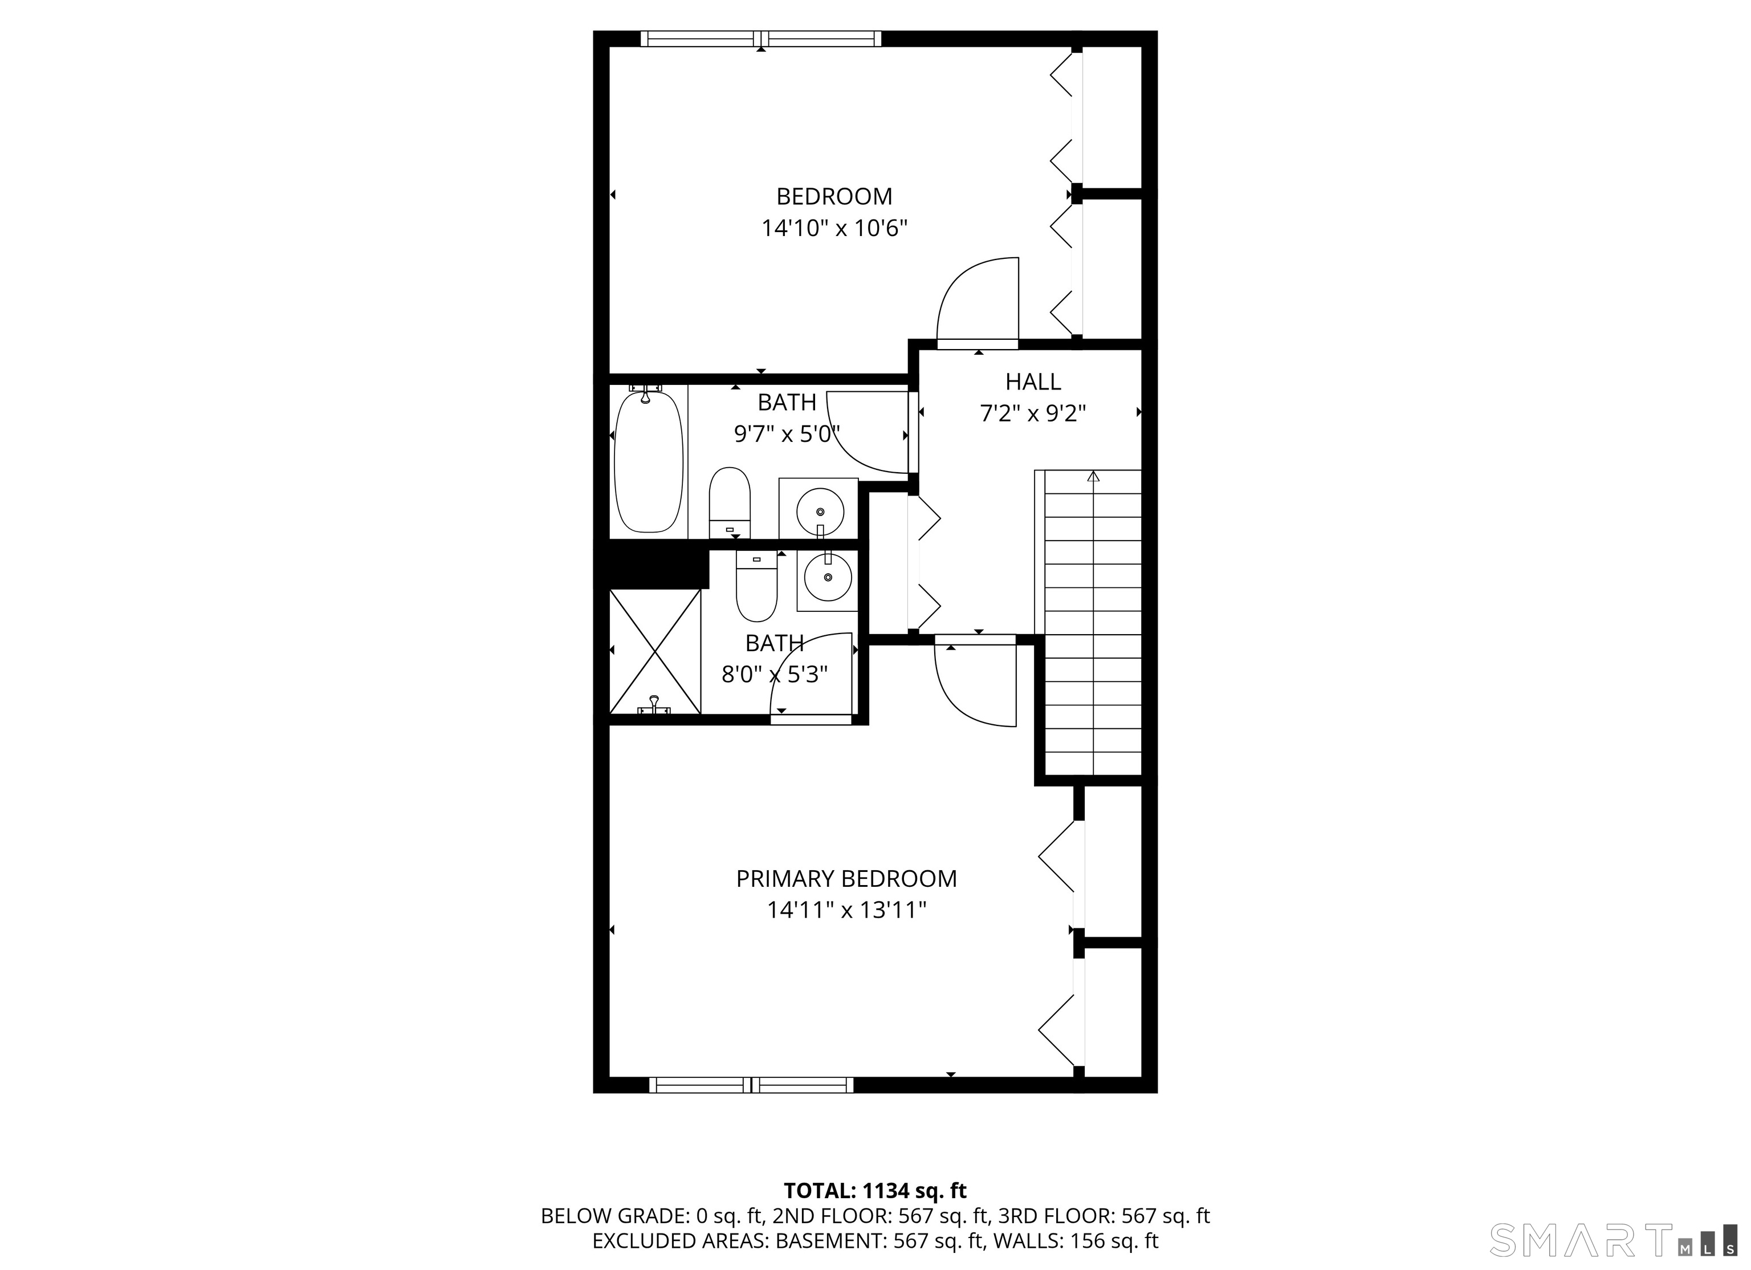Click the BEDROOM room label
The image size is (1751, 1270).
point(834,196)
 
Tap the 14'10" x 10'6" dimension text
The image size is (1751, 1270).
point(834,229)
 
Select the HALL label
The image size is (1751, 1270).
point(1033,382)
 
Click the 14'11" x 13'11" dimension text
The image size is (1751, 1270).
point(846,910)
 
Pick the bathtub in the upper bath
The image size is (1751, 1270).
point(649,461)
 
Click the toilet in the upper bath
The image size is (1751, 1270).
point(730,502)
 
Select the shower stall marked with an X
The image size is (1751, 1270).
point(655,651)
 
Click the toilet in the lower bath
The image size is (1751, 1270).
point(756,587)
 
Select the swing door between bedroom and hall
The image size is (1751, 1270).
point(978,301)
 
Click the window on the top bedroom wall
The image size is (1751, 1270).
point(760,39)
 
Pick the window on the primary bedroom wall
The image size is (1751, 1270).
point(751,1085)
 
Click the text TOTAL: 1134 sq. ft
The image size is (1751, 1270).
point(875,1190)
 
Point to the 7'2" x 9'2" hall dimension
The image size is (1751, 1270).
point(1033,414)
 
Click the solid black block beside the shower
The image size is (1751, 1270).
point(658,565)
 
